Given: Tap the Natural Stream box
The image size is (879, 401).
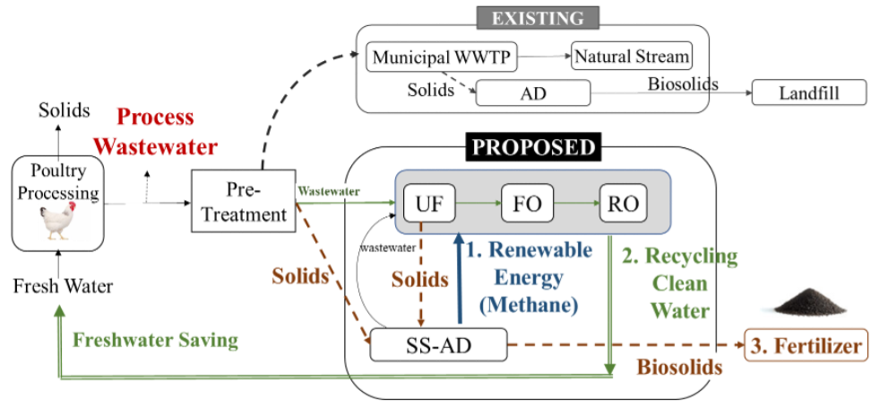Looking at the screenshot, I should point(633,58).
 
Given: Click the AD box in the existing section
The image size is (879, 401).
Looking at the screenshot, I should point(533,92).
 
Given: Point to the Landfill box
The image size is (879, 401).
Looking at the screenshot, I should point(809,92).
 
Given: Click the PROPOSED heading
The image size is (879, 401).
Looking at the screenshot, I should point(534,146).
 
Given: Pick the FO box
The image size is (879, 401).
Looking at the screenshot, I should point(527,204).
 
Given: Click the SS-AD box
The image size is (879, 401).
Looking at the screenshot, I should point(438,344).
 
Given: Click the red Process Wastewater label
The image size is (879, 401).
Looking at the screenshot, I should point(155,131).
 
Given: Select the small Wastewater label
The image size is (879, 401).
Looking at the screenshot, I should point(328,191).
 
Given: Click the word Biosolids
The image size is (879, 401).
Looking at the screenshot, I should point(679,367).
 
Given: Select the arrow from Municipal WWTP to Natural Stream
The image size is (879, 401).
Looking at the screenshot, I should point(543,58).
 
